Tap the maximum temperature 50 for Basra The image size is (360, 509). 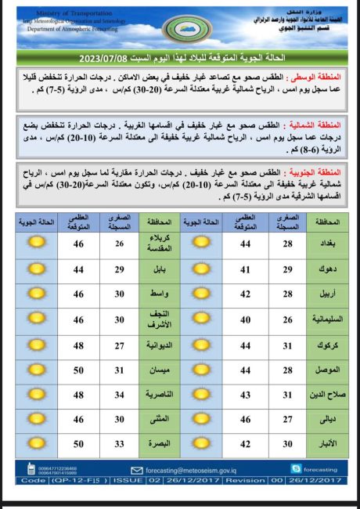click(79, 444)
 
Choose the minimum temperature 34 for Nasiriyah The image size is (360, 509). click(119, 395)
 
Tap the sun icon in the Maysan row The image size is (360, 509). click(36, 370)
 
